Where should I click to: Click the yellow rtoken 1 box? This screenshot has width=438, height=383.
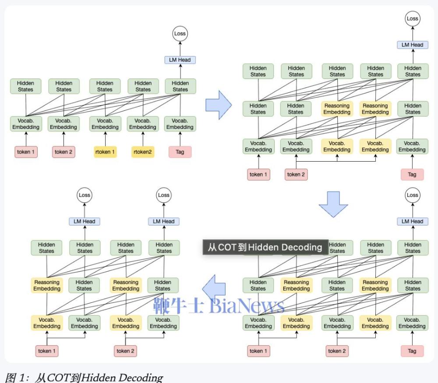tap(105, 152)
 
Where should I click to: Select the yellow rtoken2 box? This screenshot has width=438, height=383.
tap(143, 152)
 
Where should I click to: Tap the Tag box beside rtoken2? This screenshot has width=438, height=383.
tap(180, 152)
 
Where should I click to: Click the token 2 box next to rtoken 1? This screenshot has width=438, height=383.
tap(64, 152)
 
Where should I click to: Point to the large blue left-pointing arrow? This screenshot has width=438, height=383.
tap(214, 288)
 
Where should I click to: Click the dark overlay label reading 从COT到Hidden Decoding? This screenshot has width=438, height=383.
tap(265, 247)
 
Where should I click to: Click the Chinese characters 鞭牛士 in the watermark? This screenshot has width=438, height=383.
tap(179, 305)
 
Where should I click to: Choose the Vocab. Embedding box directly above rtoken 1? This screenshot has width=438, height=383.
tap(105, 124)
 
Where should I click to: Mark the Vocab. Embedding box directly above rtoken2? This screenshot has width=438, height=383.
tap(142, 124)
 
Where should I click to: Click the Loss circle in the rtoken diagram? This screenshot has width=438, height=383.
tap(180, 34)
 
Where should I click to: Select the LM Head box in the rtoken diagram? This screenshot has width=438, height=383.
tap(180, 60)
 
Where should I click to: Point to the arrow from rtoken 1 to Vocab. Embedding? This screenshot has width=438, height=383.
tap(105, 139)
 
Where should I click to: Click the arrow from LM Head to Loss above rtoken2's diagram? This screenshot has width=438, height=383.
tap(180, 49)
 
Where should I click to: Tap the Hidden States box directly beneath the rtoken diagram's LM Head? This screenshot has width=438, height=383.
tap(180, 86)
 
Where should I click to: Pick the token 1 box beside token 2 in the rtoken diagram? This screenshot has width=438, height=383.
tap(26, 152)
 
